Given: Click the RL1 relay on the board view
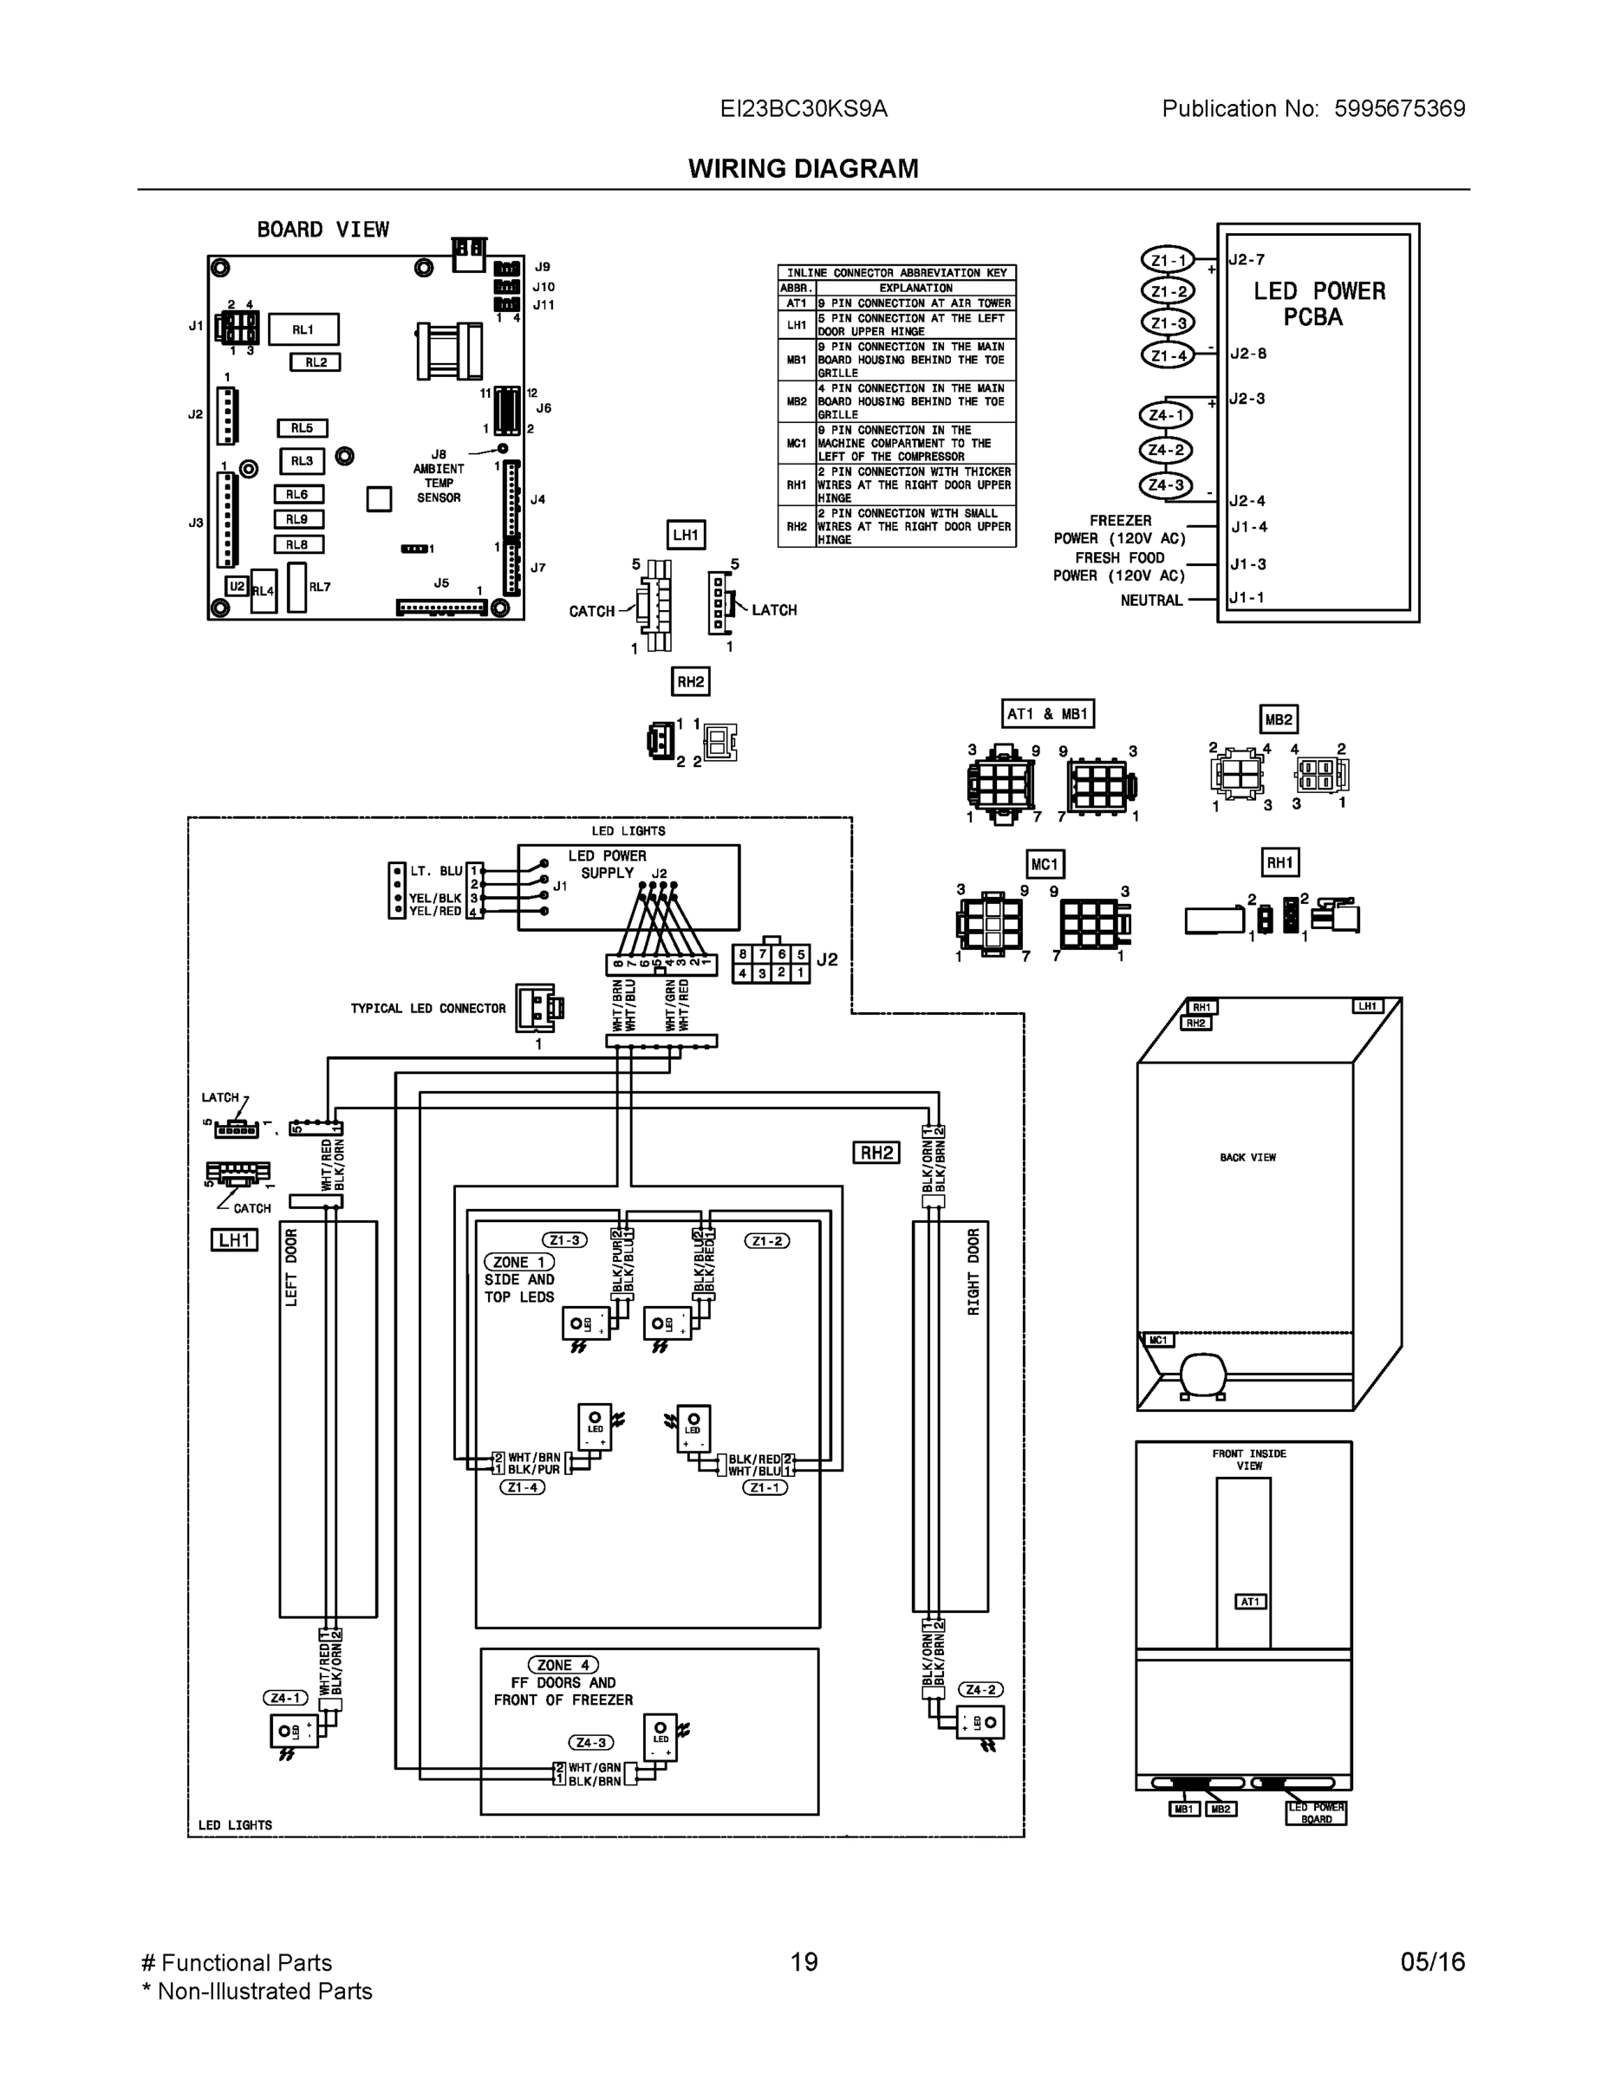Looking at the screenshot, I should point(303,329).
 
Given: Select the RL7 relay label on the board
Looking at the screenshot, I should point(319,588).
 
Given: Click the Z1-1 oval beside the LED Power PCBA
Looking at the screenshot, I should point(1167,260).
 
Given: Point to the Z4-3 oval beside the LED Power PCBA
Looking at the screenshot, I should point(1166,485).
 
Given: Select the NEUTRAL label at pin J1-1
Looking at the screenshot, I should point(1151,600).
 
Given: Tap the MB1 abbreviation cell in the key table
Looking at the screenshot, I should point(797,360).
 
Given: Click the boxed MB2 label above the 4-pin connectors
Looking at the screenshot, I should point(1279,720).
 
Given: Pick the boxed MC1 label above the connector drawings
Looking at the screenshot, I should point(1044,864).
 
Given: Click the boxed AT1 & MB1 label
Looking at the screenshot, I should point(1048,713).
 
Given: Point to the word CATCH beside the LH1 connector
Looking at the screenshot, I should point(591,611).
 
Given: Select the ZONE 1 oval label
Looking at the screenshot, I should point(519,1262).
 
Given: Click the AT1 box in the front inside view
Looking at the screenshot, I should point(1250,1602).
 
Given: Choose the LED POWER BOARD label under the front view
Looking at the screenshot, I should point(1316,1813).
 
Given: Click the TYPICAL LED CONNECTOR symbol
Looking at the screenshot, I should point(538,1009).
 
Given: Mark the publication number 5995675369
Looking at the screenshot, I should point(1399,108).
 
